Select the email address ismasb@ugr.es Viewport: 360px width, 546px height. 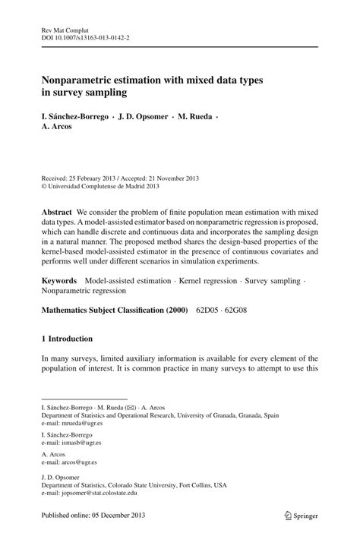(77, 444)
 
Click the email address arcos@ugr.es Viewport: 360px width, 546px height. (76, 462)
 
